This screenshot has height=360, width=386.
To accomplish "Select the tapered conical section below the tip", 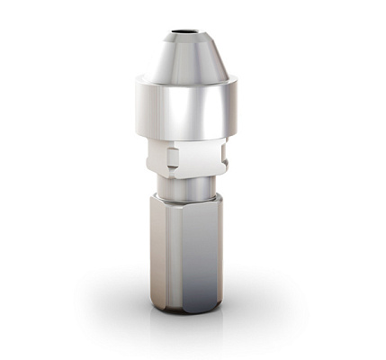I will pos(184,58).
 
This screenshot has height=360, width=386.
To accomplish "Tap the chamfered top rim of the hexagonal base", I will pos(184,206).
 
